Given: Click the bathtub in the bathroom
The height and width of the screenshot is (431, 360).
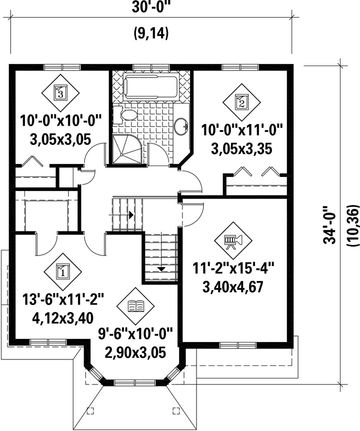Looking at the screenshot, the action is [150, 86].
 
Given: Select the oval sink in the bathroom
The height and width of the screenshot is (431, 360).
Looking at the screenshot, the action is [181, 126].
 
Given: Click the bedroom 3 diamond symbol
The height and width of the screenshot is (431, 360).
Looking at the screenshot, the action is [60, 92].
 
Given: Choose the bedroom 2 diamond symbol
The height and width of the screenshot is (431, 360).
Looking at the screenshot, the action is [241, 102].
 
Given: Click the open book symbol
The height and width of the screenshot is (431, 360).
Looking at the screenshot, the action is [136, 306].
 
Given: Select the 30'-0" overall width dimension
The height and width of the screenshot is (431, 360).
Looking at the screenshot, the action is [151, 7].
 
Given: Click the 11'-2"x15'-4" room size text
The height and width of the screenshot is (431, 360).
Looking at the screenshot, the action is [233, 268].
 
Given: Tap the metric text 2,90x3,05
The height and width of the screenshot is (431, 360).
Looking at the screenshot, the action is [136, 352].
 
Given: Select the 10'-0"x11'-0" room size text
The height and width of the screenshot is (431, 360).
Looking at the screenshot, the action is [242, 129].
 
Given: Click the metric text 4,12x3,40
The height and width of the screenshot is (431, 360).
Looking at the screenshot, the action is [63, 318].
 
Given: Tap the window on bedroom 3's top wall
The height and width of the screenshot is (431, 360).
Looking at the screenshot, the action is [62, 67].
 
